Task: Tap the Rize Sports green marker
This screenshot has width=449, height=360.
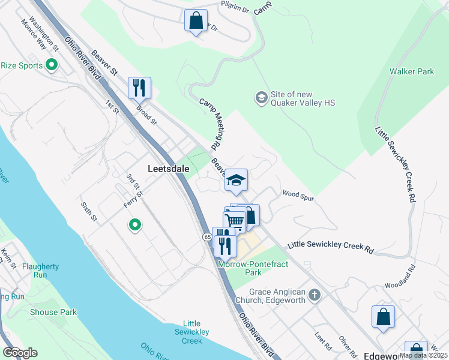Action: point(52,65)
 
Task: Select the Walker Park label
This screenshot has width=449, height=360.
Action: point(411,71)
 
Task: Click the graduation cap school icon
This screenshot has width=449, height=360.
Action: point(236,180)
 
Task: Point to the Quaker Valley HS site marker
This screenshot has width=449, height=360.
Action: point(261,97)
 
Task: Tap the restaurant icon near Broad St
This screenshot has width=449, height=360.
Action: point(139,88)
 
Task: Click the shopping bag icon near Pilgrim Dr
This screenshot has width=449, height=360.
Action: point(196,21)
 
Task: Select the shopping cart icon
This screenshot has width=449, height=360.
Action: point(235,221)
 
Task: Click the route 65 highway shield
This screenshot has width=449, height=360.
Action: point(206,238)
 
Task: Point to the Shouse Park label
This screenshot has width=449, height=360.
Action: point(53,312)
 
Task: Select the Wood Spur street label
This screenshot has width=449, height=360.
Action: point(298,194)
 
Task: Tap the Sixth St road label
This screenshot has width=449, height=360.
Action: point(88,211)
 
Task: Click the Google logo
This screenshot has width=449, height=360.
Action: point(20,353)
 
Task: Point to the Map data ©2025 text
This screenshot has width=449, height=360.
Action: point(423,355)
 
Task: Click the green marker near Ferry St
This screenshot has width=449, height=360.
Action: point(135,226)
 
